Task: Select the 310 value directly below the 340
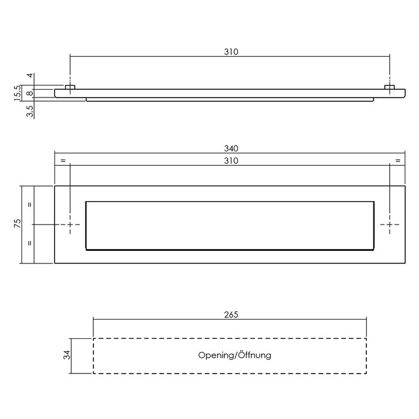pos(231,160)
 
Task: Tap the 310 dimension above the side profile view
pos(231,52)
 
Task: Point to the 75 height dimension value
pos(18,224)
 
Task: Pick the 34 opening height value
pos(67,356)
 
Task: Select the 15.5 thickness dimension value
pos(18,93)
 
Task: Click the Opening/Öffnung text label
pos(235,356)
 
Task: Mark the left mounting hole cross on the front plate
pos(71,224)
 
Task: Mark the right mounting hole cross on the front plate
pos(390,224)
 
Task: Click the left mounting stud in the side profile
pos(70,88)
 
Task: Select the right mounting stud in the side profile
pos(390,88)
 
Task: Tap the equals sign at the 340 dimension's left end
pos(63,160)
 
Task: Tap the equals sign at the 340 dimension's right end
pos(397,160)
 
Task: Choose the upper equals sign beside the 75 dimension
pos(29,204)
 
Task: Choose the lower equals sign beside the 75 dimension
pos(29,244)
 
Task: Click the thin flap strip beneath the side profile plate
pos(231,100)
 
